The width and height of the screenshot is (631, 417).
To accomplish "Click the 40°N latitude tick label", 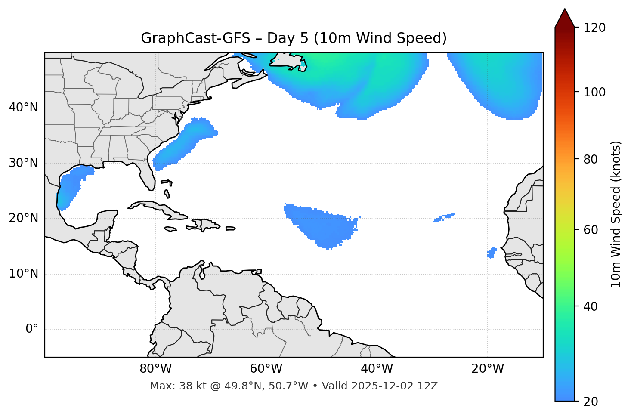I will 23,108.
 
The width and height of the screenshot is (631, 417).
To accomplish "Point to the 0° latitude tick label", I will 32,329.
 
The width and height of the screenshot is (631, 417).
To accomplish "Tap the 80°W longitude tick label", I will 155,369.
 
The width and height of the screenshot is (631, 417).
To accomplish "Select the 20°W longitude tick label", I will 488,369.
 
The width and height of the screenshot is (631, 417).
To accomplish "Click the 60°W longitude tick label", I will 266,369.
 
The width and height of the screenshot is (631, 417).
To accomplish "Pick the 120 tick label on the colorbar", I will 595,28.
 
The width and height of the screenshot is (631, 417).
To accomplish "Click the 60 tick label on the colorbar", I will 591,230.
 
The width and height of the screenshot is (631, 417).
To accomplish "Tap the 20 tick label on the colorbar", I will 591,402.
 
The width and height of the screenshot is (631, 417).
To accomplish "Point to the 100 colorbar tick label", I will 595,92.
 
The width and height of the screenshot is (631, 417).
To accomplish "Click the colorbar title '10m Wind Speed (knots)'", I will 616,214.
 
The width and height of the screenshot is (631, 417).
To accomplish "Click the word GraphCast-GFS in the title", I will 195,38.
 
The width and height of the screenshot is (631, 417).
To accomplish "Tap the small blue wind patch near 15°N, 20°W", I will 491,253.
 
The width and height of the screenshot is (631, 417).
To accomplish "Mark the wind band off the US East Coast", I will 185,142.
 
